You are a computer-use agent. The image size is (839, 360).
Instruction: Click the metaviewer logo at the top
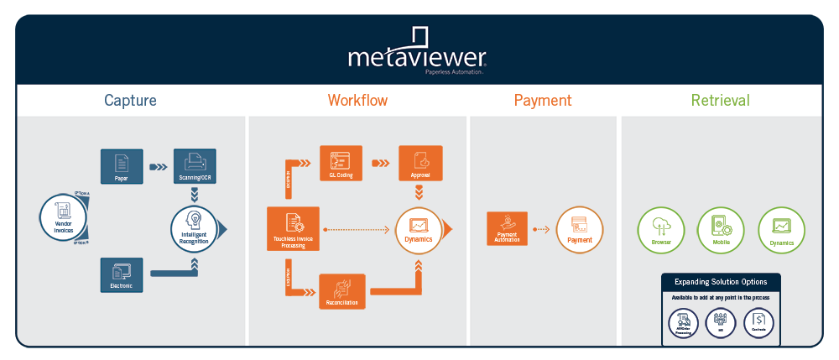point(418,53)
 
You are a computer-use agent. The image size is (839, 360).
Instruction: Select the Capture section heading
point(130,101)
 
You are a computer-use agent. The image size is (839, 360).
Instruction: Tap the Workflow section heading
point(357,101)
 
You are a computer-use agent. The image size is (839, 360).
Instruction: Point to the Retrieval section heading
point(720,101)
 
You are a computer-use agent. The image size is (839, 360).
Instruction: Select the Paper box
point(122,165)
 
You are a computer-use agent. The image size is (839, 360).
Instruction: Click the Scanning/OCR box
point(195,165)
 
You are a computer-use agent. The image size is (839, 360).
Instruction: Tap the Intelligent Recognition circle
point(195,227)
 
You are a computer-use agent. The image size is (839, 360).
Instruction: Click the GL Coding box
point(341,163)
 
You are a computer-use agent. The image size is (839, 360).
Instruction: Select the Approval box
point(419,163)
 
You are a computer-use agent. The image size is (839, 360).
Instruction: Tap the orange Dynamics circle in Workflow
point(418,228)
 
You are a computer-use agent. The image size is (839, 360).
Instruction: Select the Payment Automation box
point(507,228)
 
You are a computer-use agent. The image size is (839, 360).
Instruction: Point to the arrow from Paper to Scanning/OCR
point(158,165)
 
